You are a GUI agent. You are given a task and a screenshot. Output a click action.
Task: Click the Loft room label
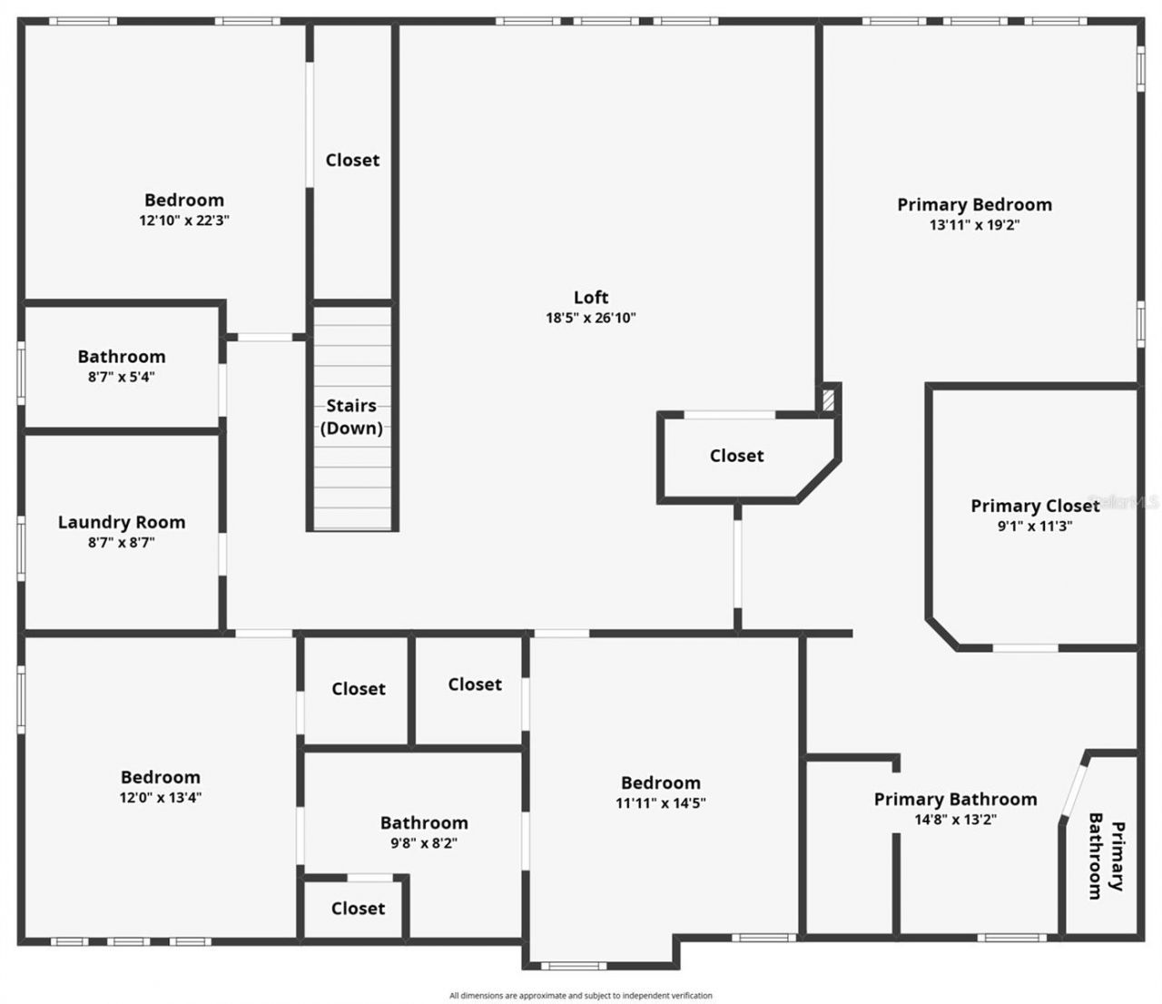[x=591, y=297]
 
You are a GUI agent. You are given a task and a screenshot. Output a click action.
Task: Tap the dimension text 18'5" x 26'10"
[x=591, y=318]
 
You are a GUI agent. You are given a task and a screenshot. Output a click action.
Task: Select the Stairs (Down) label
[x=351, y=417]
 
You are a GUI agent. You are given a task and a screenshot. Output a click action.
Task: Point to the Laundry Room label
[x=122, y=522]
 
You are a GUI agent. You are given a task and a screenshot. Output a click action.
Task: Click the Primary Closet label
[x=1035, y=506]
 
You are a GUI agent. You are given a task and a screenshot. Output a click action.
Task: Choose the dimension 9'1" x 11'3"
[x=1035, y=526]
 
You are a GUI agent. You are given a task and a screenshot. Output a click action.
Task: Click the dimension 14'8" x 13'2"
[x=955, y=820]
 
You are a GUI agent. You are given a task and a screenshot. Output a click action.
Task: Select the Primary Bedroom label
[x=974, y=204]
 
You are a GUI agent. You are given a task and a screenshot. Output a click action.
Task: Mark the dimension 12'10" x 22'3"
[x=184, y=221]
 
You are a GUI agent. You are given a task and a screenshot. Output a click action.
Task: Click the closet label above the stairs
[x=352, y=160]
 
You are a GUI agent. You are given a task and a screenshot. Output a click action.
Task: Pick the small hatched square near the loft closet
[x=827, y=399]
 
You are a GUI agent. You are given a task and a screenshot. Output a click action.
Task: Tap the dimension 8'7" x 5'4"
[x=122, y=377]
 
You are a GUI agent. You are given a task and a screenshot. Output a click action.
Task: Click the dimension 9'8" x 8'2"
[x=424, y=843]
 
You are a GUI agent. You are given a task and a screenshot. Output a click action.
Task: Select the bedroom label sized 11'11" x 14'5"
[x=660, y=783]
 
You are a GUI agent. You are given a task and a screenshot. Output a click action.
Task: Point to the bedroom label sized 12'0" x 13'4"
[x=161, y=777]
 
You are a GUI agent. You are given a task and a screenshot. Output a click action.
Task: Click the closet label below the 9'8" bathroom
[x=358, y=908]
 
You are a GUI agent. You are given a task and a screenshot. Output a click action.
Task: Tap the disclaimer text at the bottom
[x=581, y=996]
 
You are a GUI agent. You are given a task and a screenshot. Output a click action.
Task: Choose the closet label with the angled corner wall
[x=736, y=456]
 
